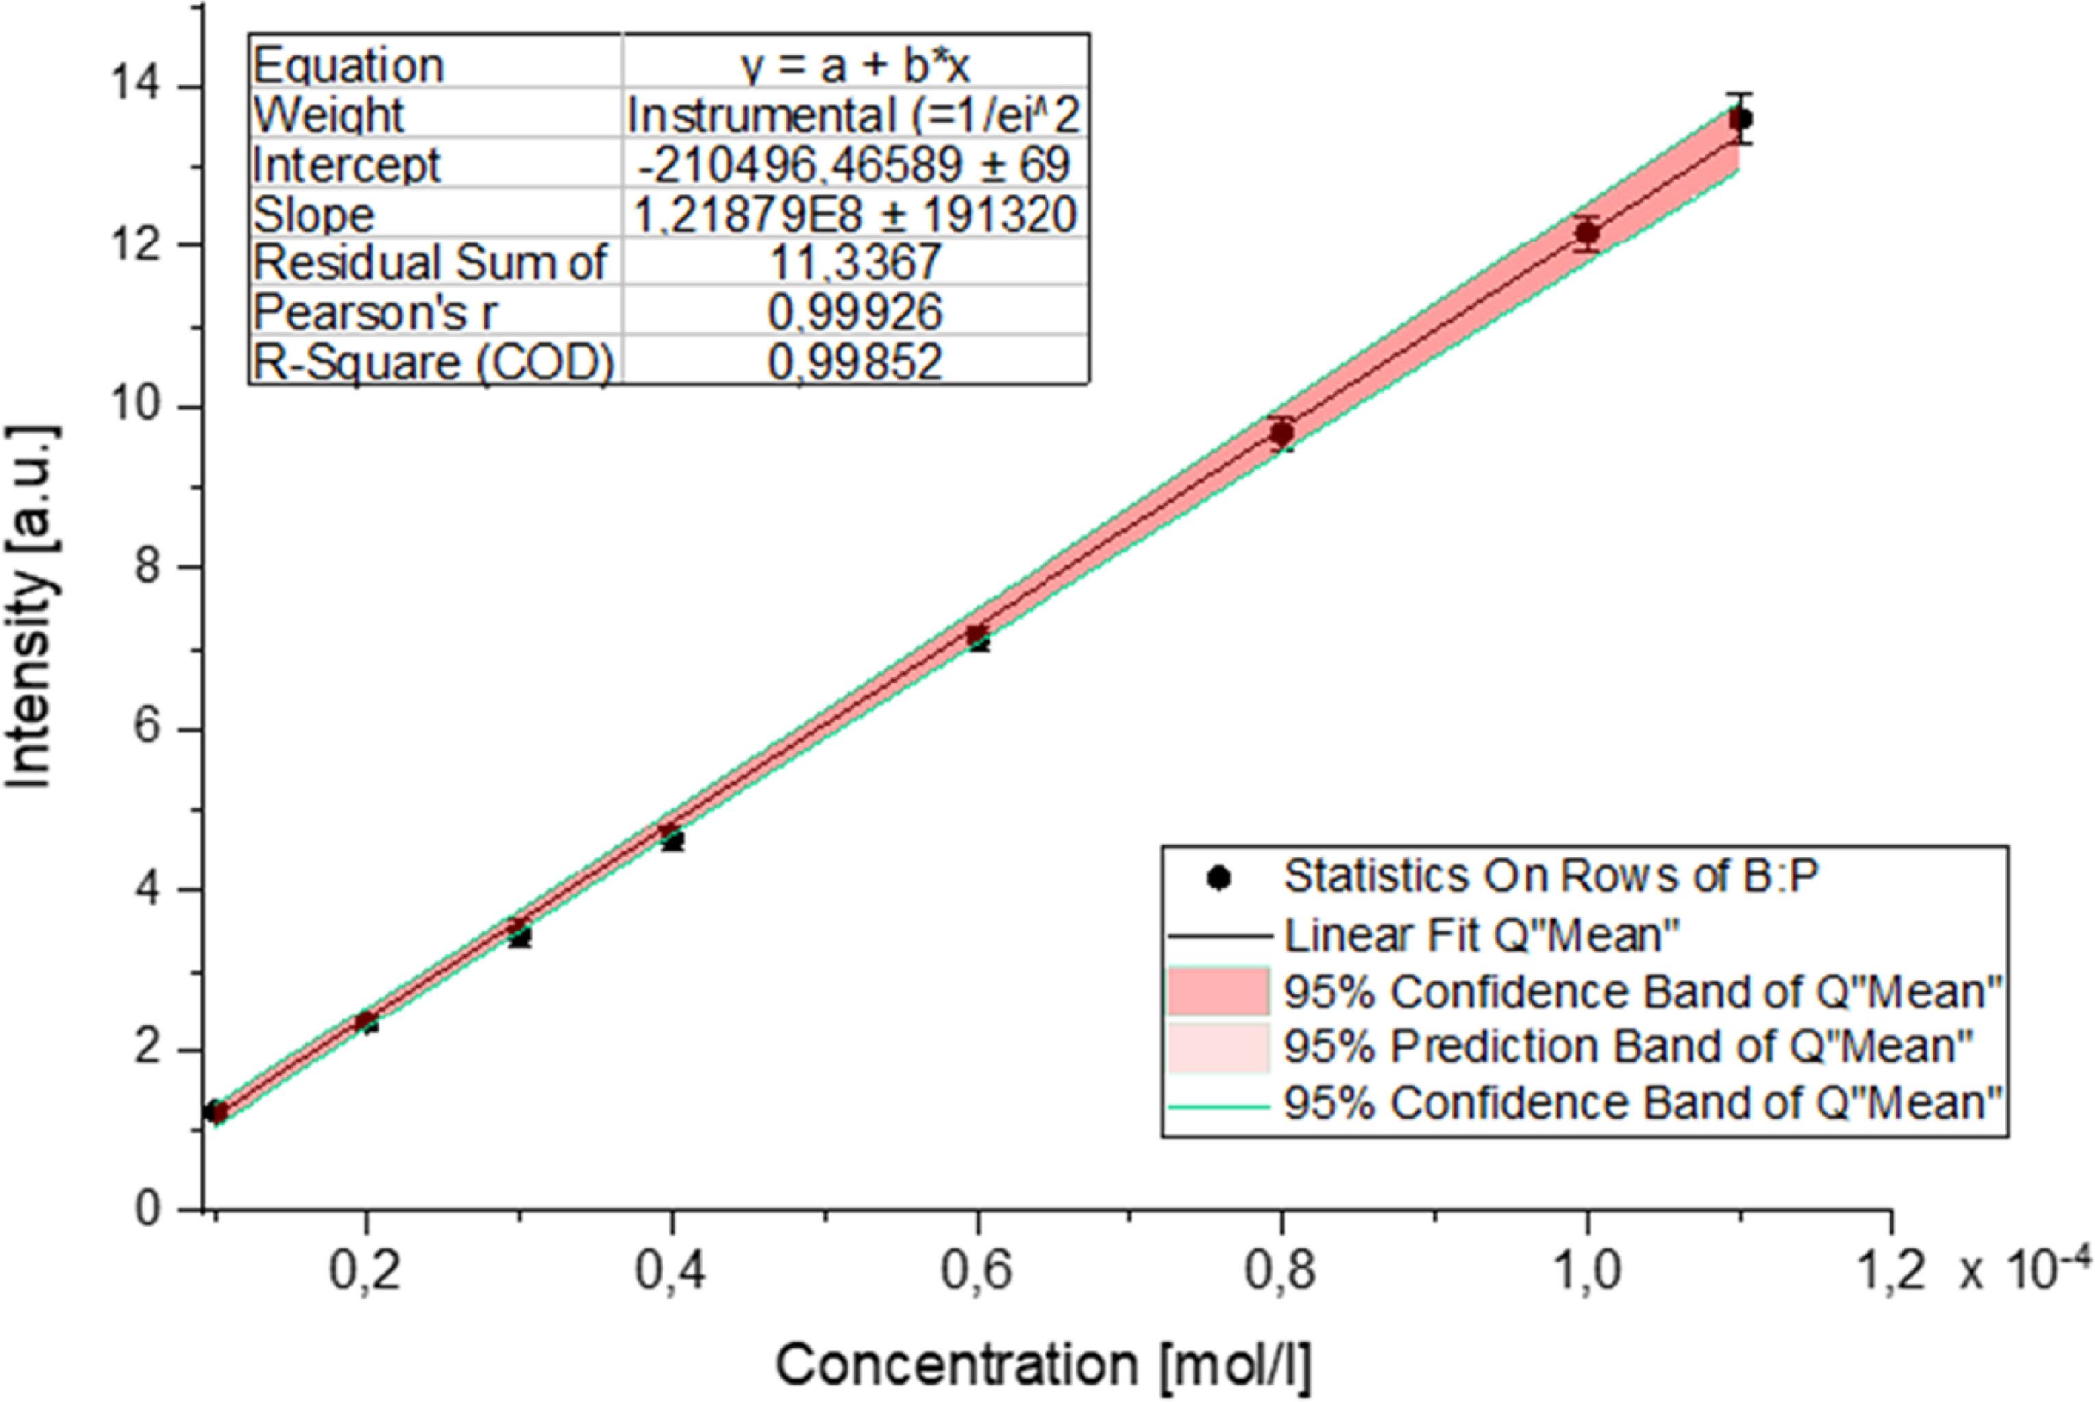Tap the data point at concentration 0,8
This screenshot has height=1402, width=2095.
tap(1282, 434)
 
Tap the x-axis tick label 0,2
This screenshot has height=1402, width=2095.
tap(365, 1273)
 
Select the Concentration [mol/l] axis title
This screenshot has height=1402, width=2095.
tap(1043, 1365)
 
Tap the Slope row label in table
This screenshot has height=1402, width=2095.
tap(314, 214)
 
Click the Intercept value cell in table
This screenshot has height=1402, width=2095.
tap(855, 164)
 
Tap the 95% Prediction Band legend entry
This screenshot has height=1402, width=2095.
tap(1627, 1046)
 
